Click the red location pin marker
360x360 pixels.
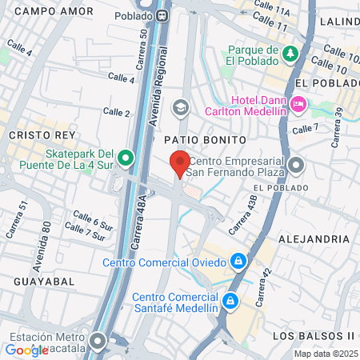tap(181, 162)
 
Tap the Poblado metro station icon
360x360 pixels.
tap(163, 15)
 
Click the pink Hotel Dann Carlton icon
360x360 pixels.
tap(298, 103)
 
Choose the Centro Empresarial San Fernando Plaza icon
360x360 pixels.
tap(297, 166)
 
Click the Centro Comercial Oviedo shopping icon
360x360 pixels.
tap(238, 262)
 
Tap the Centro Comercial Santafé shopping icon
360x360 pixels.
tap(230, 301)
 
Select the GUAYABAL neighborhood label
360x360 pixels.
tap(44, 282)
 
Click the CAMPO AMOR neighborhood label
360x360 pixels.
tap(49, 11)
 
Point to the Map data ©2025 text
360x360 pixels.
tap(325, 354)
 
